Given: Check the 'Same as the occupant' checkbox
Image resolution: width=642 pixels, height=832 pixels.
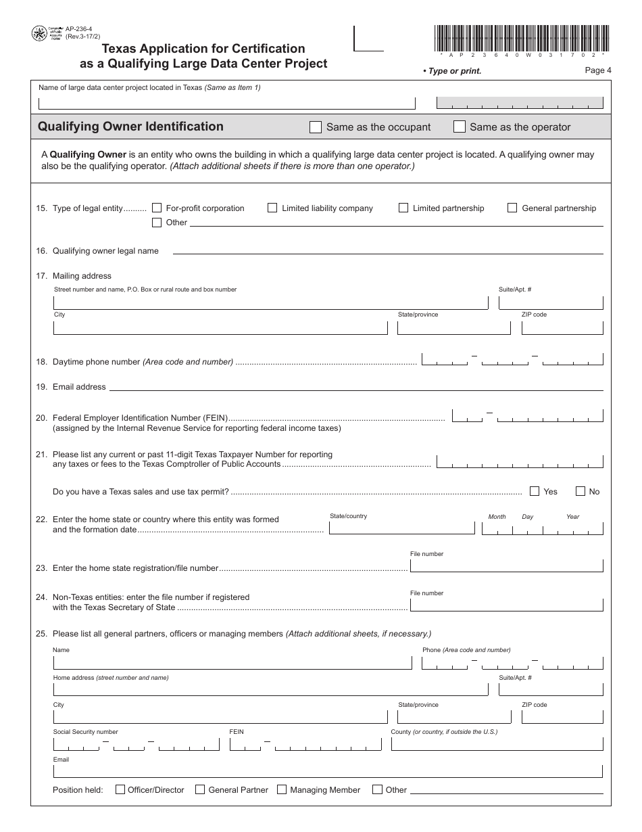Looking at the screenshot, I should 316,127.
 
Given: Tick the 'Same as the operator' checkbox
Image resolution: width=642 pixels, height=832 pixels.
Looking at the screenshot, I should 460,127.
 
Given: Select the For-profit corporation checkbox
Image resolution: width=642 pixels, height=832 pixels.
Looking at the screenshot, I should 157,208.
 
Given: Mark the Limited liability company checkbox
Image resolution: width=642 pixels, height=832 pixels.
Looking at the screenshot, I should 272,208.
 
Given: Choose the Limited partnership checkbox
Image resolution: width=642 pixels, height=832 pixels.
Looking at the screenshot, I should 403,208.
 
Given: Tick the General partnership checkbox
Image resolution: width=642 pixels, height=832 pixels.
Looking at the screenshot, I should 512,208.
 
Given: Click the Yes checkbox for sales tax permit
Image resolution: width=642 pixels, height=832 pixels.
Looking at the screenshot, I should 535,492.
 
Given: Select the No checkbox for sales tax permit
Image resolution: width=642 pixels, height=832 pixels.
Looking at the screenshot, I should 580,492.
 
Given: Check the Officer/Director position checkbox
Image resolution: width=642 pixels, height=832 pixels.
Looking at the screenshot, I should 120,789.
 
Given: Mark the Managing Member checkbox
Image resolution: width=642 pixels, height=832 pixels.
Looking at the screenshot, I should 282,789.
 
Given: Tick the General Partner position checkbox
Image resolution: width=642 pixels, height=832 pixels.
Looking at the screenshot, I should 200,789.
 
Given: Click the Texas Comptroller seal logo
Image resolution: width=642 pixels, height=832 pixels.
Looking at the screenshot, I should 39,33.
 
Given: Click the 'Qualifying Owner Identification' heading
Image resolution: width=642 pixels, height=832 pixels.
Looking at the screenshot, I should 130,126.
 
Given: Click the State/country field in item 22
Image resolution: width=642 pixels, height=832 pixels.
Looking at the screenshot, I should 401,528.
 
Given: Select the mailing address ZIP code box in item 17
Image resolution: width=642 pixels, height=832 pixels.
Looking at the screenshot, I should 562,327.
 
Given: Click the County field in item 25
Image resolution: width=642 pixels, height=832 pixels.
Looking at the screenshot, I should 497,744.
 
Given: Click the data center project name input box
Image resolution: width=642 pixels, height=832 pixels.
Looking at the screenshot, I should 226,103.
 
